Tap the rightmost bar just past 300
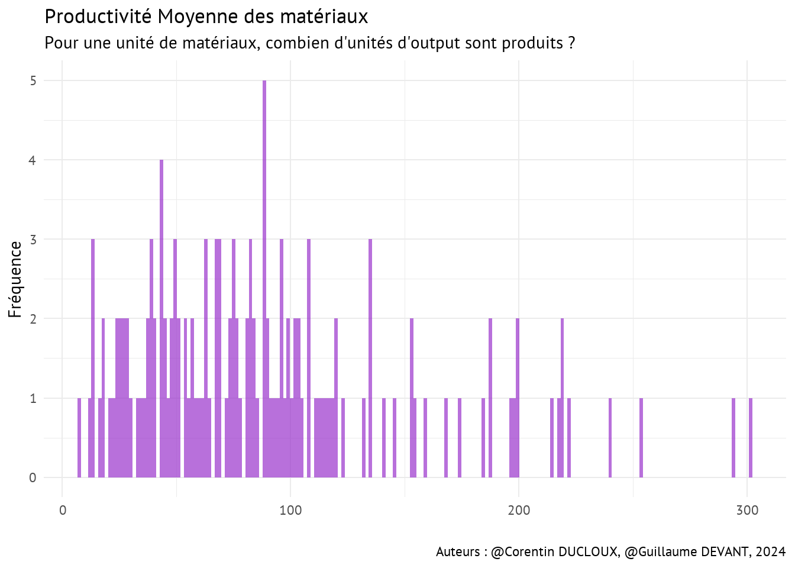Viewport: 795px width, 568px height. pos(751,438)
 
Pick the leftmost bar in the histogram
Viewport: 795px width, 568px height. pos(79,438)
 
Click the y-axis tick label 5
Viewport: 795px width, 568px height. pos(33,80)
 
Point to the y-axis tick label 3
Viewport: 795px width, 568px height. pos(33,240)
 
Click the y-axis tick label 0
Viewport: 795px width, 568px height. pos(33,478)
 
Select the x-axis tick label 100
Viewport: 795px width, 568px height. pos(290,511)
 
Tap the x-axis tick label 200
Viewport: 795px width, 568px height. pos(519,511)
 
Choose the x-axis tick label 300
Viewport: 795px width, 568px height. pos(747,511)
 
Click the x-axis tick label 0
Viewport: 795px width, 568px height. pos(63,511)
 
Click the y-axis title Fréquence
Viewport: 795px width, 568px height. pos(15,279)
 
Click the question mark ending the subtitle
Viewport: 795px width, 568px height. pos(571,43)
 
